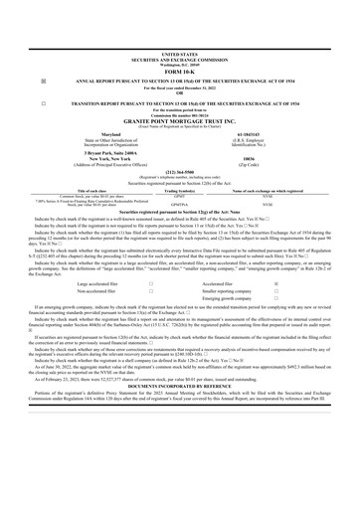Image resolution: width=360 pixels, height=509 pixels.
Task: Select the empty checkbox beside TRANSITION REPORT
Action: coord(31,102)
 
